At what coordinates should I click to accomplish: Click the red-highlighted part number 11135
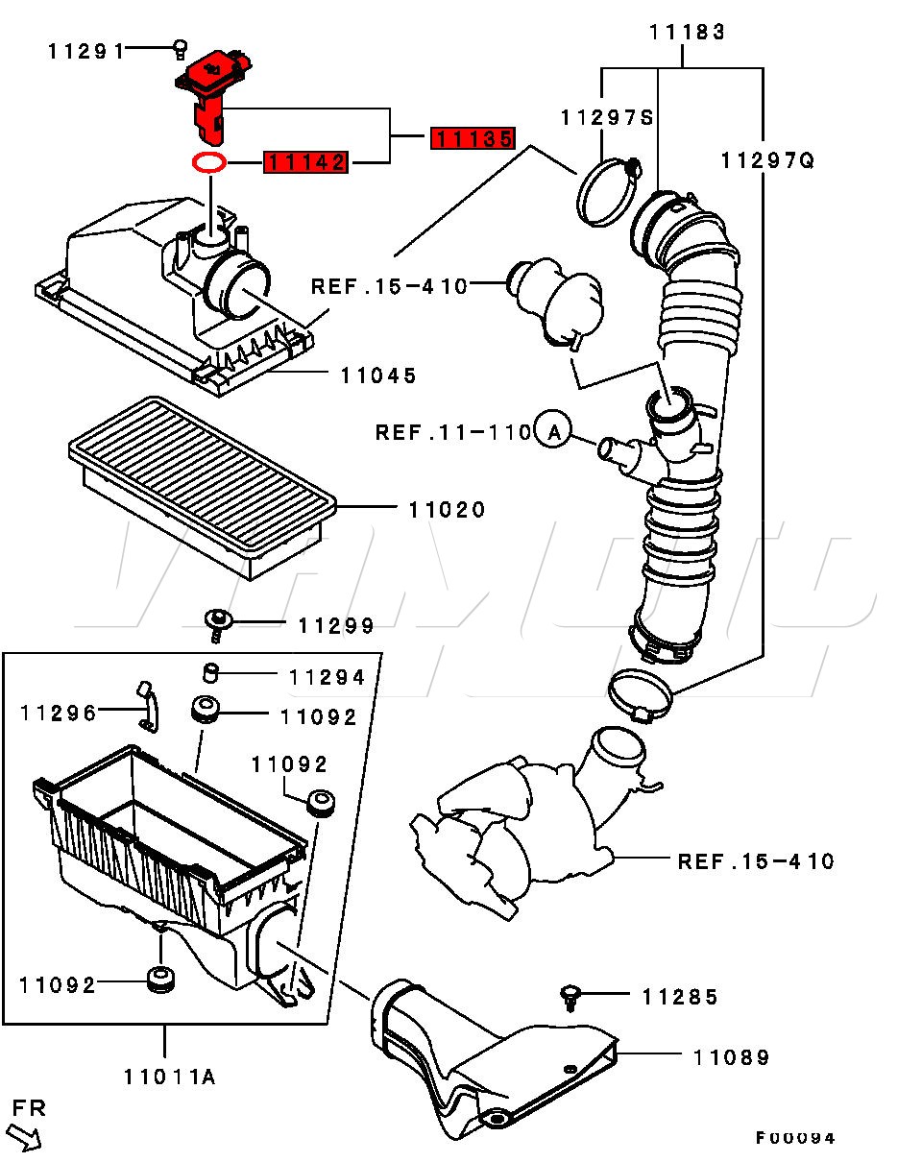(473, 139)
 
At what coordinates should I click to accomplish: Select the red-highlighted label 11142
(305, 162)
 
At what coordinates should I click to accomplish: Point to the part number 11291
(86, 52)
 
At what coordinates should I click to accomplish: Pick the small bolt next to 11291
(181, 50)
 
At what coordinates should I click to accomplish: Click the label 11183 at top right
(687, 33)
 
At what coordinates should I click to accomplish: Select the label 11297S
(607, 118)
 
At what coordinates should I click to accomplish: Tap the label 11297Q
(767, 160)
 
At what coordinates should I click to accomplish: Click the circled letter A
(552, 432)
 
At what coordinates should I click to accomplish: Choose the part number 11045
(378, 375)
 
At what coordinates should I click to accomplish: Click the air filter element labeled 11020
(203, 488)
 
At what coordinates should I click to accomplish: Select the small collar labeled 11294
(210, 673)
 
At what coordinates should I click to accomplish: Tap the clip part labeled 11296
(148, 706)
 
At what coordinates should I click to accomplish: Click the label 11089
(732, 1057)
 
